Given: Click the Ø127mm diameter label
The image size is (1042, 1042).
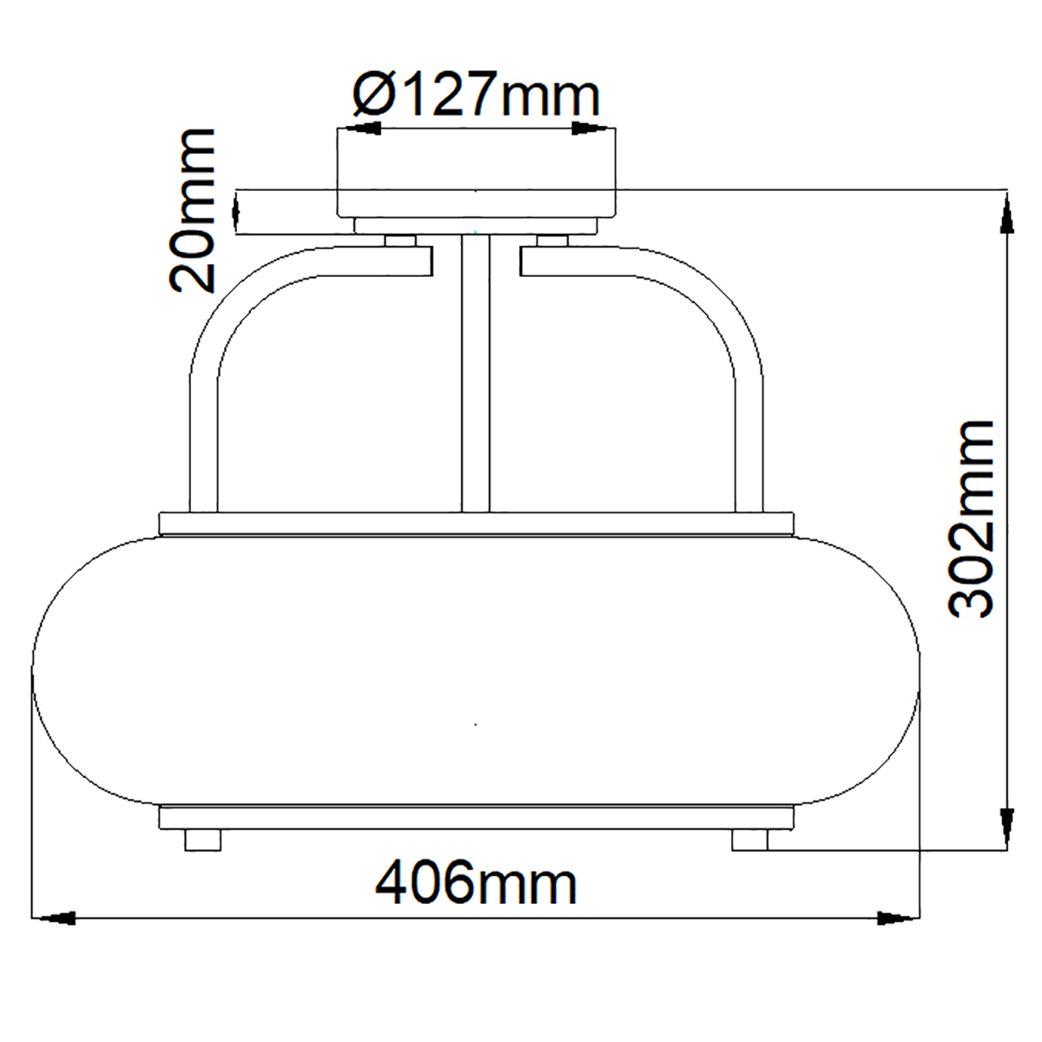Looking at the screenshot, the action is click(x=476, y=94).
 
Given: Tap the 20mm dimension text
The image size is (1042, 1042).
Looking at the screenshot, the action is click(x=192, y=211).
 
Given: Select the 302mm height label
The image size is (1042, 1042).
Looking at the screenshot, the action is click(x=971, y=519).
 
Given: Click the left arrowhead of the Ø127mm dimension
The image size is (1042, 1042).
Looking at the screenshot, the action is click(x=359, y=129).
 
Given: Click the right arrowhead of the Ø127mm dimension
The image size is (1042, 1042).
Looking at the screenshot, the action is click(x=594, y=129).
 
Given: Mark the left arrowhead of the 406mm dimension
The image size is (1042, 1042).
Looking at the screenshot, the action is click(x=54, y=918).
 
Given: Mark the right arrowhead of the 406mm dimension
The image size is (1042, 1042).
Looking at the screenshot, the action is click(x=898, y=918).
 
